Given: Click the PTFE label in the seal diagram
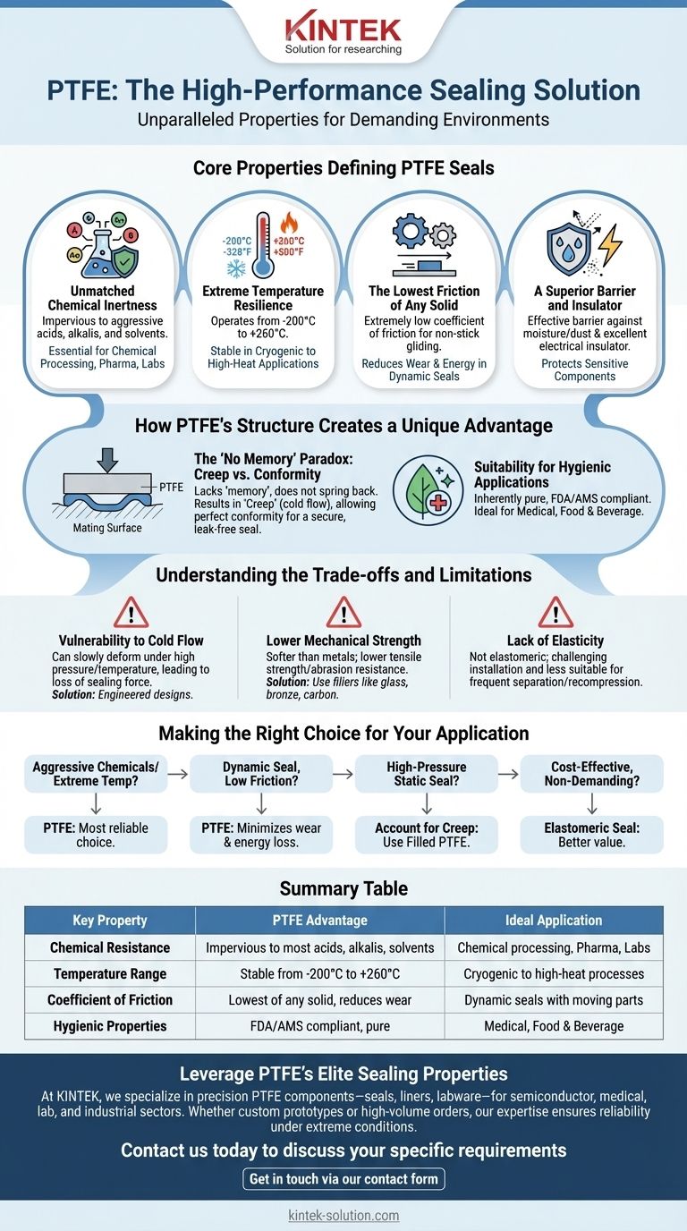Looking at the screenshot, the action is coord(170,486).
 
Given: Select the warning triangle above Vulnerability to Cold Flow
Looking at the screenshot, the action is coord(131,613).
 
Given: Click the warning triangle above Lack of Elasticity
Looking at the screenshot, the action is coord(556,613).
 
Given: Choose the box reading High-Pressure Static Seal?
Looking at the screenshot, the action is coord(426,774).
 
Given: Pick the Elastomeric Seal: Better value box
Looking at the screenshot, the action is coord(592,835).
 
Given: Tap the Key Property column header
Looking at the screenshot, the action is coord(110,921).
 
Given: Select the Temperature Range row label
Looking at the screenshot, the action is coord(110,973).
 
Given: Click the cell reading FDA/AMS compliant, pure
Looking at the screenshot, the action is coord(319,1025).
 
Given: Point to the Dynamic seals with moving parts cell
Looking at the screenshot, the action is coord(554,999).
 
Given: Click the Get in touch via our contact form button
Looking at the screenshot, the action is coord(343,1179).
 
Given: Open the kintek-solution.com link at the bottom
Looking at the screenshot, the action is coord(343,1216).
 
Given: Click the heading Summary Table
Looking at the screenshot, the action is coord(343,888).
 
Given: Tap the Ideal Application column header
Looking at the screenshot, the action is coord(554,921).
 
